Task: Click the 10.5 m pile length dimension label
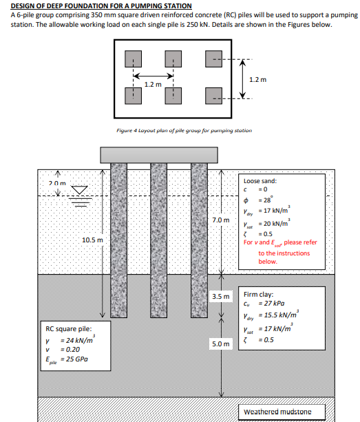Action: (92, 239)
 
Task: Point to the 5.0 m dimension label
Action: (222, 341)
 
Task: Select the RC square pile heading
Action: (65, 330)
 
